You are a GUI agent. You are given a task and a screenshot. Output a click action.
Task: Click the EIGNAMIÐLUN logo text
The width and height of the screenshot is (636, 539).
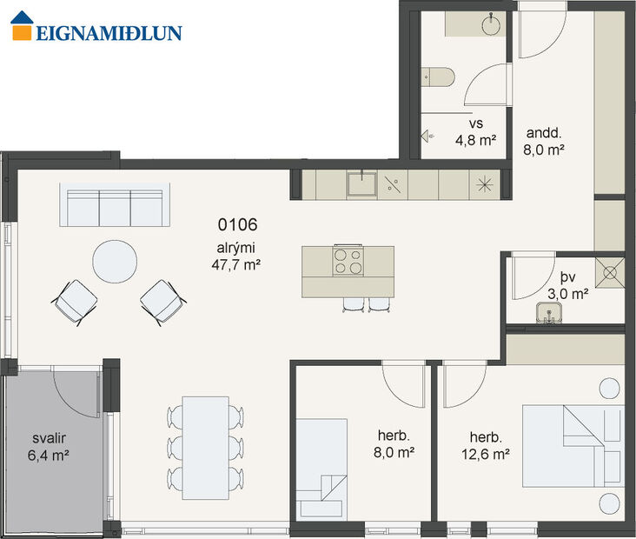tap(109, 33)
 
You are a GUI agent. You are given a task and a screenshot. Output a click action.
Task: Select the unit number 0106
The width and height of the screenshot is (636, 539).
tap(237, 224)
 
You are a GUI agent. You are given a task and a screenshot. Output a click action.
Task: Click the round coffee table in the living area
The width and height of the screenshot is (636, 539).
tap(115, 262)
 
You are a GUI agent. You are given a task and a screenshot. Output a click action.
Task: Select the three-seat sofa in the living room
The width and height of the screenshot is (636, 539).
tap(115, 207)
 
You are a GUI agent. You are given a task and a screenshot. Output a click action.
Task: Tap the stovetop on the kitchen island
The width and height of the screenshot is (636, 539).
tap(348, 262)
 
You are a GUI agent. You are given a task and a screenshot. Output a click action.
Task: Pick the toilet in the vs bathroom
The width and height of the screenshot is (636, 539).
tap(438, 77)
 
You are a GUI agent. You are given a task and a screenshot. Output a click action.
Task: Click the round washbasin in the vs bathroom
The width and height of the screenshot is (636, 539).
tap(493, 23)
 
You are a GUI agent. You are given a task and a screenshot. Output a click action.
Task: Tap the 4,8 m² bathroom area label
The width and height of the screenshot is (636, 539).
tap(476, 139)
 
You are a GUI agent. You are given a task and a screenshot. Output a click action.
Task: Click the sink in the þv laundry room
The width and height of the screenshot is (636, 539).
tap(551, 311)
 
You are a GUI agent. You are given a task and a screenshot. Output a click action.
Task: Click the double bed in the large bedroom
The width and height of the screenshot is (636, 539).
tap(572, 446)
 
